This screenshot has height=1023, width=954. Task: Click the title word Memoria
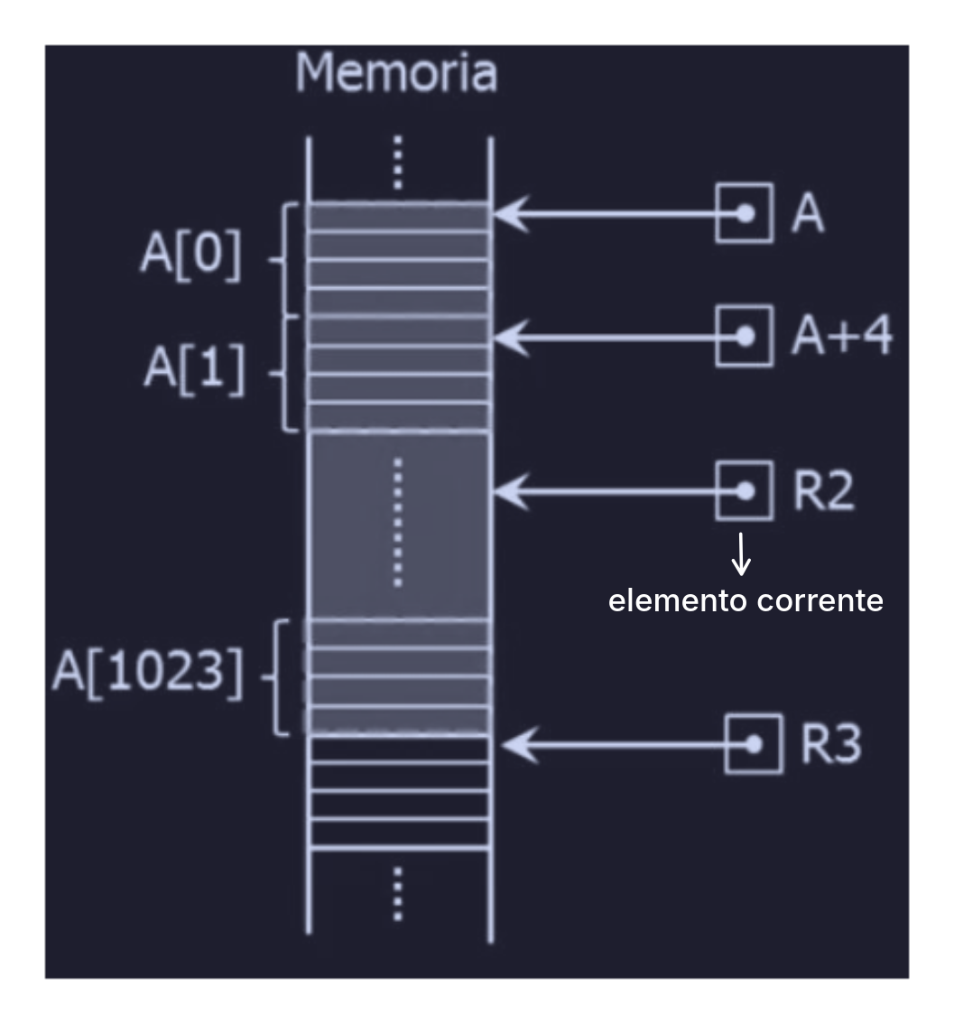(396, 73)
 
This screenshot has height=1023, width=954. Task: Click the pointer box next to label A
(745, 213)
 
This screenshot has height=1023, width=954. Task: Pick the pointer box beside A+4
(745, 336)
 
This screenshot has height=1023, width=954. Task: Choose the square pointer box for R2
(745, 490)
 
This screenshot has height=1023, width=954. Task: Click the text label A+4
(841, 336)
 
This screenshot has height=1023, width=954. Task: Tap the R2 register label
(822, 490)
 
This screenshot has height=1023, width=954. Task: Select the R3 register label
(830, 745)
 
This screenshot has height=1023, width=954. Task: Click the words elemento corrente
(746, 601)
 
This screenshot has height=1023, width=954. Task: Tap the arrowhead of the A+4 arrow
(507, 336)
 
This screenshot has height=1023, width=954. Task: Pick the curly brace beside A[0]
(282, 260)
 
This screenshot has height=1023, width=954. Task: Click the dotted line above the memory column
(398, 164)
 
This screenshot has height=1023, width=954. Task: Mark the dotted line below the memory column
(398, 894)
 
